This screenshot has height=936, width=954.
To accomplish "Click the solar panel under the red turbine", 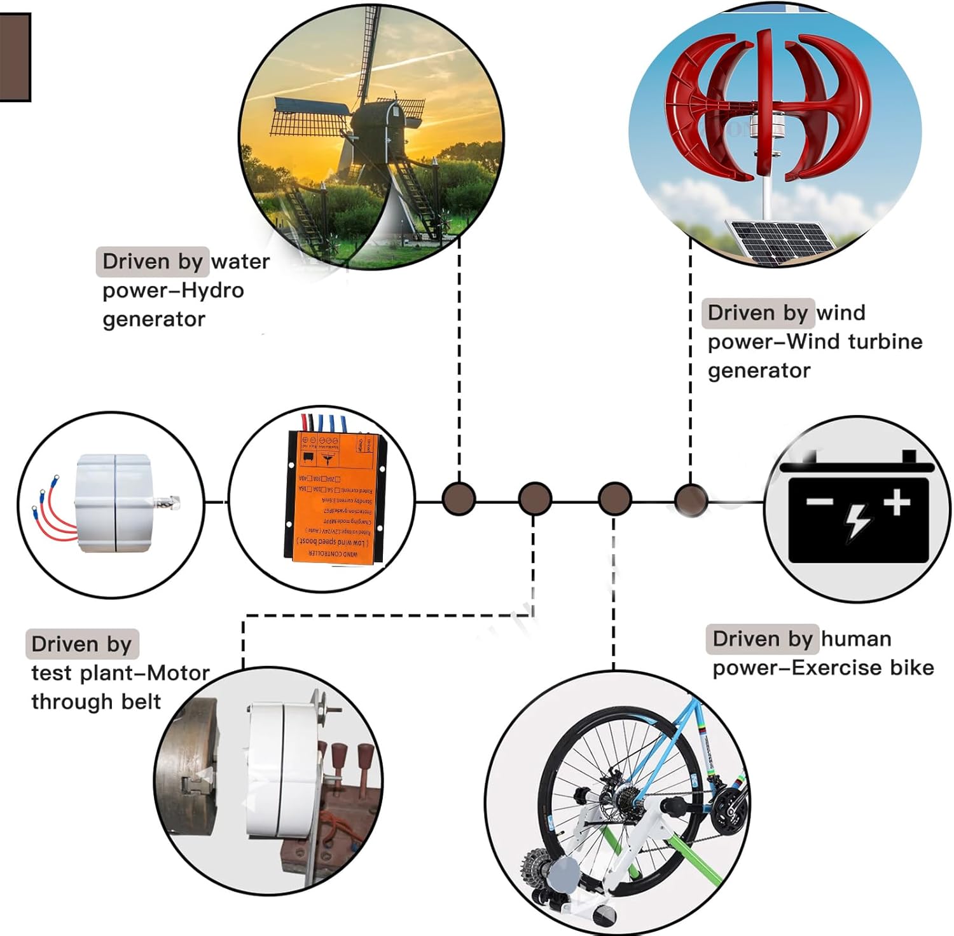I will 781,241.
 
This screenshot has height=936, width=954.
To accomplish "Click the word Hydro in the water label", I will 212,290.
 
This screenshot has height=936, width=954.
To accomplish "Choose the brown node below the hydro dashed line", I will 459,498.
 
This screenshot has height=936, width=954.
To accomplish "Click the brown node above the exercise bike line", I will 614,499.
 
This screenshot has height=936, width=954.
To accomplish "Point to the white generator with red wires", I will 114,502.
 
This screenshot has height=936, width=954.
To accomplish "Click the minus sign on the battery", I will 820,502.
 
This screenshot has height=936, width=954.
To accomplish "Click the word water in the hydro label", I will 240,261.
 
